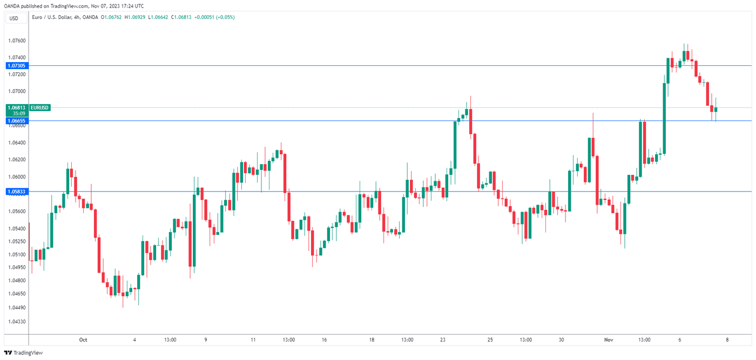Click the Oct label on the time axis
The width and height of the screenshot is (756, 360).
click(83, 340)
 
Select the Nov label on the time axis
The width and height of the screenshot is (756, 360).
click(609, 340)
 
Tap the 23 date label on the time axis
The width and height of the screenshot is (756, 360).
click(443, 340)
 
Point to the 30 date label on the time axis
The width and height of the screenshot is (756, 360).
click(562, 340)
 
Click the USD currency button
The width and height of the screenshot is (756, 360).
click(13, 18)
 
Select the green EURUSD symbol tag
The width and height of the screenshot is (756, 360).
click(40, 107)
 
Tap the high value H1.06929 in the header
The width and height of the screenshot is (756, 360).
click(136, 17)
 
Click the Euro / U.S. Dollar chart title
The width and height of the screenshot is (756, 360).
click(51, 17)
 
